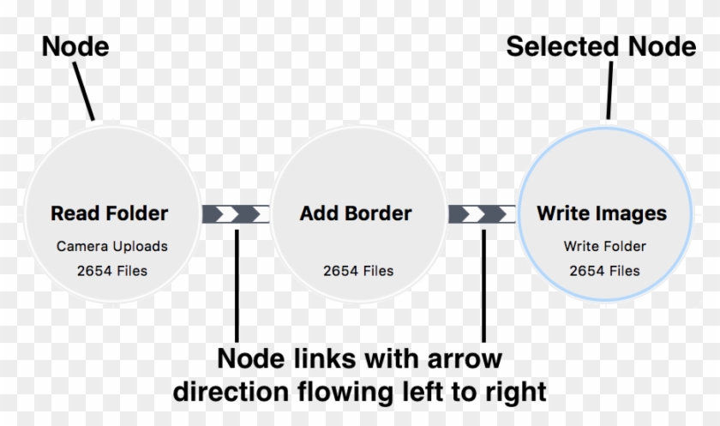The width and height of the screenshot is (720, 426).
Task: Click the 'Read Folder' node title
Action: [x=109, y=213]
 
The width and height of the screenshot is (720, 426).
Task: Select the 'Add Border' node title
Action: [x=356, y=213]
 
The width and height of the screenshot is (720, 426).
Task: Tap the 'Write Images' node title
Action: [x=602, y=213]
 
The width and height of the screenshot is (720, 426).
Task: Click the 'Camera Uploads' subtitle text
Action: [x=111, y=246]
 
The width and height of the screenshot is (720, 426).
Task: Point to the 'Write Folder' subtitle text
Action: [x=604, y=246]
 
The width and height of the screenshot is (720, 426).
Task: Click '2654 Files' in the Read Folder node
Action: [x=111, y=271]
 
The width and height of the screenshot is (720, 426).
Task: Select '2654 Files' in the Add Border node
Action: [x=358, y=271]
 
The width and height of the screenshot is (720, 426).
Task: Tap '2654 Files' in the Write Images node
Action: [x=604, y=271]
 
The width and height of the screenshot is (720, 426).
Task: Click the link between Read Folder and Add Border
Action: [x=235, y=213]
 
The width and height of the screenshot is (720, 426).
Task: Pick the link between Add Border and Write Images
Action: [x=482, y=213]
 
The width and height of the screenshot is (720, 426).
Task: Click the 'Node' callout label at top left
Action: [x=75, y=45]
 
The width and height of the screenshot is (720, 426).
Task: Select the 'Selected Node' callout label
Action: [x=601, y=45]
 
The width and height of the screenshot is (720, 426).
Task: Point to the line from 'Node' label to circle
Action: [x=83, y=90]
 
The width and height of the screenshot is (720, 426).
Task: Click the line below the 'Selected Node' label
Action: [x=609, y=90]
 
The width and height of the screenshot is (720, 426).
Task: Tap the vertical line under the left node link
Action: [x=237, y=283]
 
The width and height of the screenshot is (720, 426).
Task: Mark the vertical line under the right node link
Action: [x=483, y=283]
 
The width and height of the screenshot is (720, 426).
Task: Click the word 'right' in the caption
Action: [x=513, y=392]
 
